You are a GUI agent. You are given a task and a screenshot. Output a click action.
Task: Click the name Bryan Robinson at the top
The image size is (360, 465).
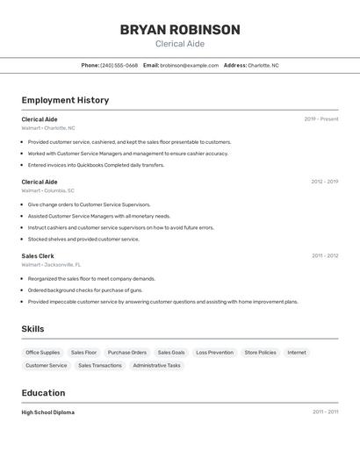coord(180,30)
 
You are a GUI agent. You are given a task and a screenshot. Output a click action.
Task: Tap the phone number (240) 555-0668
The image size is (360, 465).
coord(119,65)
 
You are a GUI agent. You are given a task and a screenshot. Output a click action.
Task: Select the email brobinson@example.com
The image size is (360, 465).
coord(189,65)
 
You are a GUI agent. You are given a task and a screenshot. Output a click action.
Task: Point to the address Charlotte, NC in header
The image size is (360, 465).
coord(263,65)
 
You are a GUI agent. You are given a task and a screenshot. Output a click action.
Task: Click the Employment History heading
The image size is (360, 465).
coord(65,100)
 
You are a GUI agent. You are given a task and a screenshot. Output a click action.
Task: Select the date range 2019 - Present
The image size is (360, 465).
coord(320,118)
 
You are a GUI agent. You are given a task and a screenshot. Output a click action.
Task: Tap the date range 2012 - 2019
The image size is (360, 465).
coord(324,182)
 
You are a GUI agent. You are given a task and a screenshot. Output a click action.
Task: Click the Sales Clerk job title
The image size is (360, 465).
coord(38,255)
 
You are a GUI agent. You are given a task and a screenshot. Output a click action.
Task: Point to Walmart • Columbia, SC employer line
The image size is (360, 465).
coord(47,190)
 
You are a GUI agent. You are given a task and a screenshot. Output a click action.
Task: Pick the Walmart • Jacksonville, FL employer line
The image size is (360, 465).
coord(51,264)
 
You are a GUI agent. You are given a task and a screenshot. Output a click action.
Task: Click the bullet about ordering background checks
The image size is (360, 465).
coord(86,290)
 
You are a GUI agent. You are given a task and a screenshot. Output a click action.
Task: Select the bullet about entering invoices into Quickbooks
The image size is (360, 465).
coord(96,165)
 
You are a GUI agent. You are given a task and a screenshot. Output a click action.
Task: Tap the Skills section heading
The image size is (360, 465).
coord(33,329)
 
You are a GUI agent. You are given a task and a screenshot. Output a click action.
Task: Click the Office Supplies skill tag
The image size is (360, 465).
coord(43,353)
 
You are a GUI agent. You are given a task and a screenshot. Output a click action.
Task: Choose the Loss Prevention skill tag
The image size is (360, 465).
coord(214,353)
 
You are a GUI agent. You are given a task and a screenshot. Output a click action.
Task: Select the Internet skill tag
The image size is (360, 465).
coord(297,353)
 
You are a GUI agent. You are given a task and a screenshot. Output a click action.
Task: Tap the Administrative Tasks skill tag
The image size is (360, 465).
coord(156,365)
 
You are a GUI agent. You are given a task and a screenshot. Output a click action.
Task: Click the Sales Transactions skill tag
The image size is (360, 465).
coord(100,365)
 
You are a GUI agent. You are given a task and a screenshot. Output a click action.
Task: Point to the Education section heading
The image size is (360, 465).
coord(43,393)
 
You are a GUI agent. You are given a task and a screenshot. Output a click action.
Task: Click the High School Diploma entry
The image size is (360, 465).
coord(48,411)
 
